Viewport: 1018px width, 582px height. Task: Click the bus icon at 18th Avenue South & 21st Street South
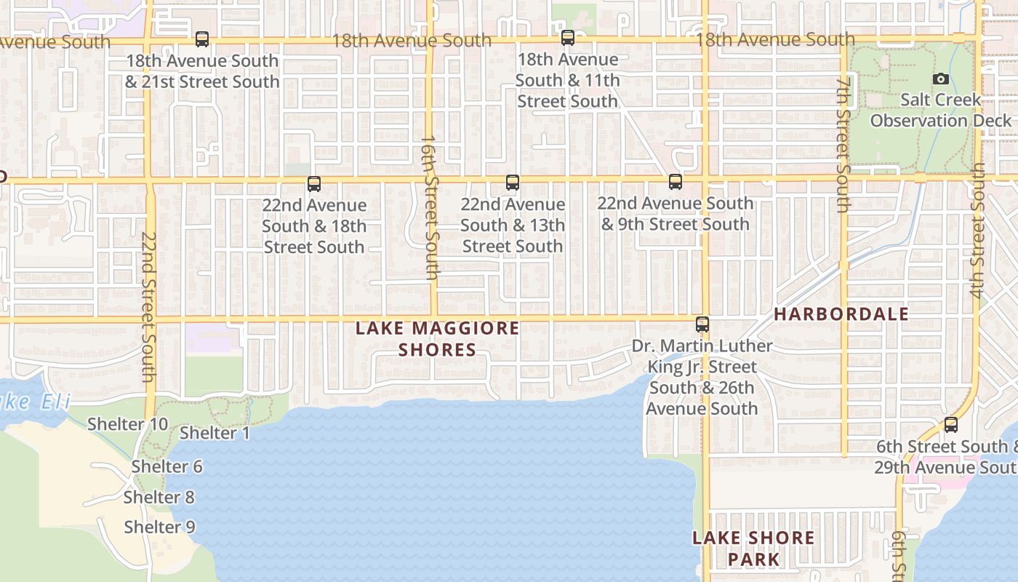pyautogui.click(x=202, y=39)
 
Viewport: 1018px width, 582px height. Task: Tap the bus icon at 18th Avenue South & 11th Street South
pyautogui.click(x=568, y=38)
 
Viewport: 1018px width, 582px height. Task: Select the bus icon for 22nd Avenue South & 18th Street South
pyautogui.click(x=314, y=184)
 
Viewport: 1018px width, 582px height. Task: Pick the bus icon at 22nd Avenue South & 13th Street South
pyautogui.click(x=513, y=183)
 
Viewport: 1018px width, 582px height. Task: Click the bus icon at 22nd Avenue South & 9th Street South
pyautogui.click(x=676, y=182)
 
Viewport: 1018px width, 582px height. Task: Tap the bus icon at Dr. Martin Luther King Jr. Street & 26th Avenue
pyautogui.click(x=702, y=324)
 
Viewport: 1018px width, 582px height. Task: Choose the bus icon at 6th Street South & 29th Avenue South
pyautogui.click(x=951, y=425)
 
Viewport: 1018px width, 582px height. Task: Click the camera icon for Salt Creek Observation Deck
pyautogui.click(x=941, y=79)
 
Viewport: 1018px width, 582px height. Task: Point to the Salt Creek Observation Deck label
pyautogui.click(x=941, y=110)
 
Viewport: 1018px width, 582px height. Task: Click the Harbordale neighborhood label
pyautogui.click(x=841, y=314)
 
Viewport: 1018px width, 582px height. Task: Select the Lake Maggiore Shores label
pyautogui.click(x=438, y=339)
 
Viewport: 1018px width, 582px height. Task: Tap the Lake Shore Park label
pyautogui.click(x=753, y=549)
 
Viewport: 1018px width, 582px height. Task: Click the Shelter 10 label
pyautogui.click(x=128, y=424)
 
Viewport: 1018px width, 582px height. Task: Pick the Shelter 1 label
pyautogui.click(x=215, y=433)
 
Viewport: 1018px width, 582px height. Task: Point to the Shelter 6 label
pyautogui.click(x=167, y=466)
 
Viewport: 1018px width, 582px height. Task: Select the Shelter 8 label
pyautogui.click(x=159, y=498)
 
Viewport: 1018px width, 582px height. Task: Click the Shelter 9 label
pyautogui.click(x=160, y=527)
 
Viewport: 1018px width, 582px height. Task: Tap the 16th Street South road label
pyautogui.click(x=430, y=207)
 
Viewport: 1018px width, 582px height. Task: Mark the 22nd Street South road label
pyautogui.click(x=148, y=307)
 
